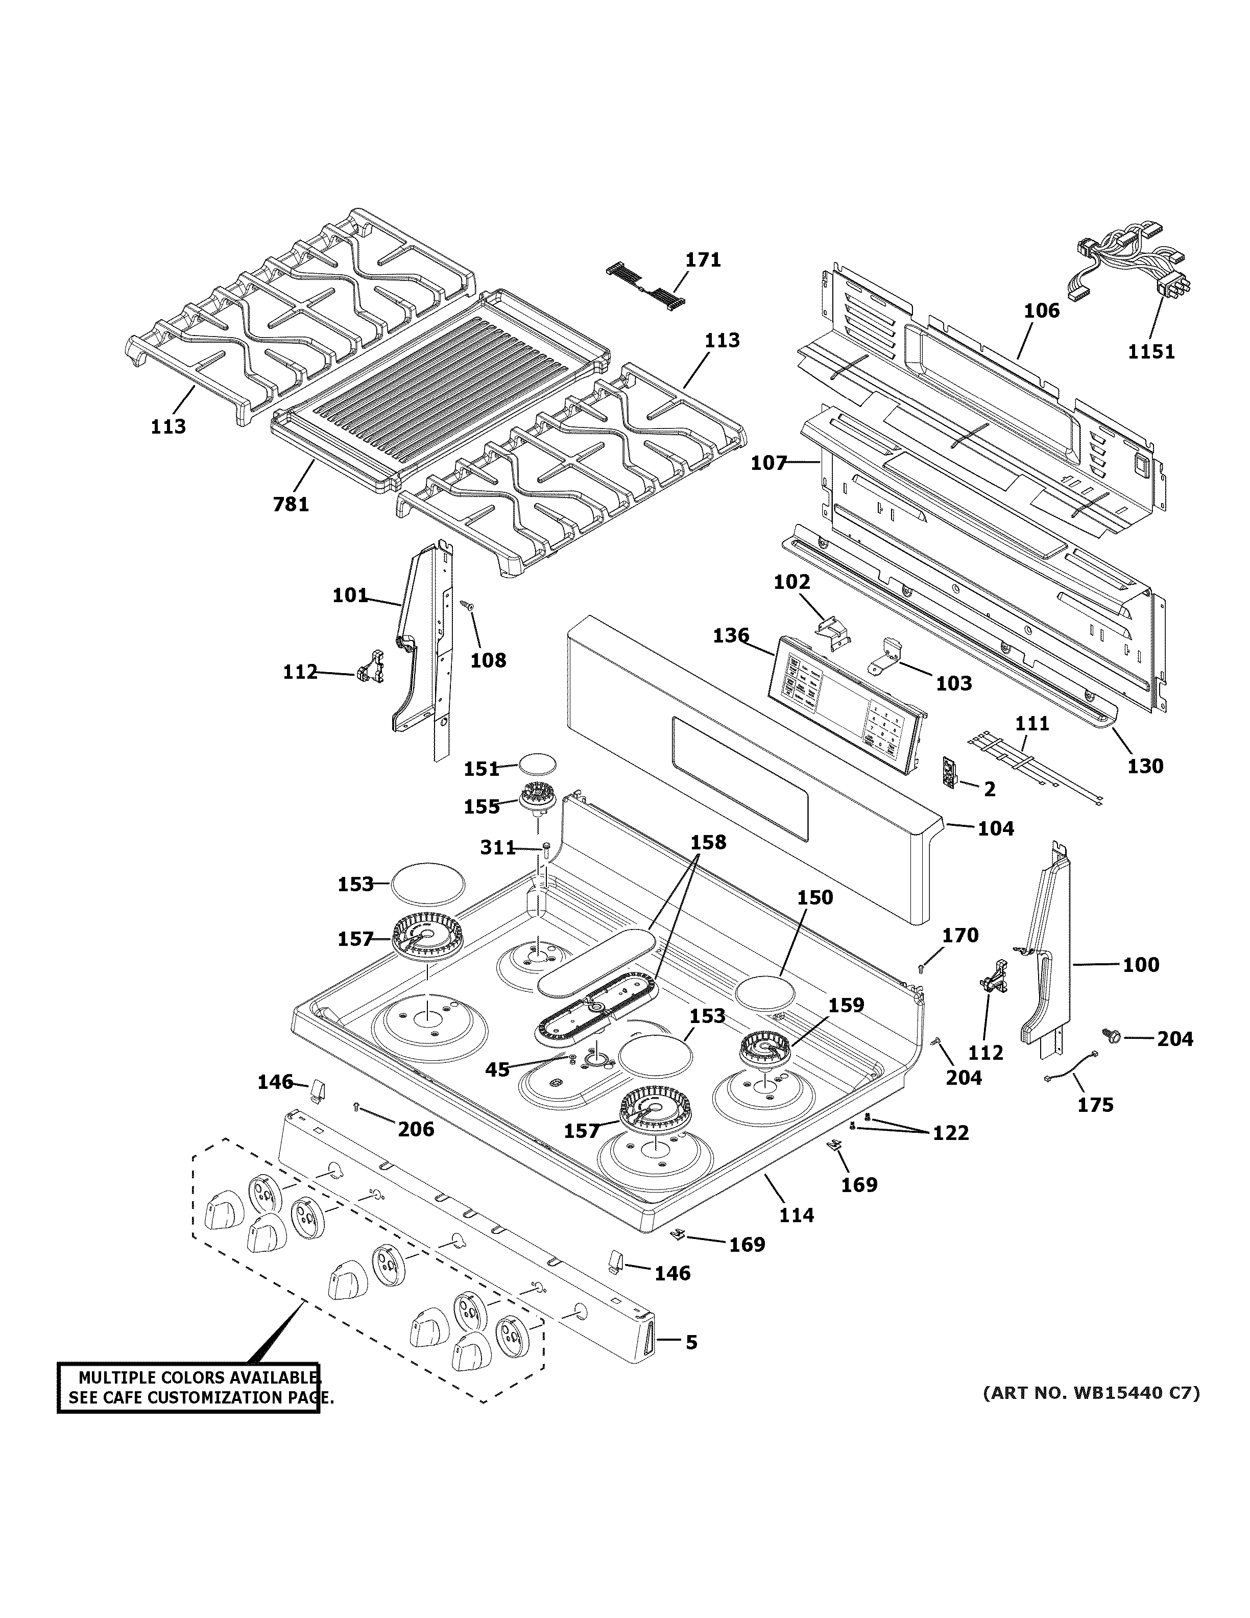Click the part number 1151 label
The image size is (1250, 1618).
1151,351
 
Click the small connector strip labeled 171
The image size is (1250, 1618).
646,285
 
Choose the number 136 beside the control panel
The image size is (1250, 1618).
731,636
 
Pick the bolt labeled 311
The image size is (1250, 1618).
546,850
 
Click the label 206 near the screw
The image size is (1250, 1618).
416,1129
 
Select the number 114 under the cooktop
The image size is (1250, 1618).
796,1215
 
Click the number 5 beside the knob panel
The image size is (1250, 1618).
691,1342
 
